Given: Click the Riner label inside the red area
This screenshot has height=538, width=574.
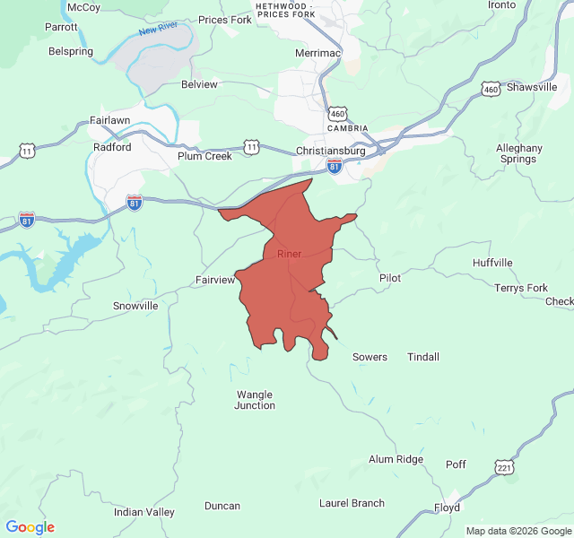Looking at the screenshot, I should [x=289, y=254].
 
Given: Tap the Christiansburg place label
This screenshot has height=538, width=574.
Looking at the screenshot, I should [x=331, y=152].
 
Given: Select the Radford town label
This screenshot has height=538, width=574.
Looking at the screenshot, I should [x=112, y=148].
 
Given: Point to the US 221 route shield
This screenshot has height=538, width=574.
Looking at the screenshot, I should [x=504, y=467].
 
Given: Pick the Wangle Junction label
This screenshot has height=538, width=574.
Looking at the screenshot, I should [x=255, y=400].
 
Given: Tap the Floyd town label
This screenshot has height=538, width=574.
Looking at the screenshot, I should [x=447, y=508].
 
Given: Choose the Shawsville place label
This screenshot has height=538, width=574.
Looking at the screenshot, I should [x=532, y=87].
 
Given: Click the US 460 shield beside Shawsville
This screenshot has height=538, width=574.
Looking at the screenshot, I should [x=490, y=89].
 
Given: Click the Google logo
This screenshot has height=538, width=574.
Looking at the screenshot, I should [x=30, y=527].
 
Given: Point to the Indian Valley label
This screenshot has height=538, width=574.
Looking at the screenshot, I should [x=144, y=512].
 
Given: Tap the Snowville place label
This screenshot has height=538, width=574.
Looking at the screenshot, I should [x=135, y=306].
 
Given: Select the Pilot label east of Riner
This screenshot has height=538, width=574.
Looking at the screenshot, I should [x=390, y=278].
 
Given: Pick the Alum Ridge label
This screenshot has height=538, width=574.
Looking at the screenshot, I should [x=396, y=459].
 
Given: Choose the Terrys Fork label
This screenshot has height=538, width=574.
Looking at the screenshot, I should [x=521, y=288].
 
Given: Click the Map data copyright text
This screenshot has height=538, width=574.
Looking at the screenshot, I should [x=517, y=531].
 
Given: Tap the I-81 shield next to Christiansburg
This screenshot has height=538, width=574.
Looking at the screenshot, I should [x=335, y=166].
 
